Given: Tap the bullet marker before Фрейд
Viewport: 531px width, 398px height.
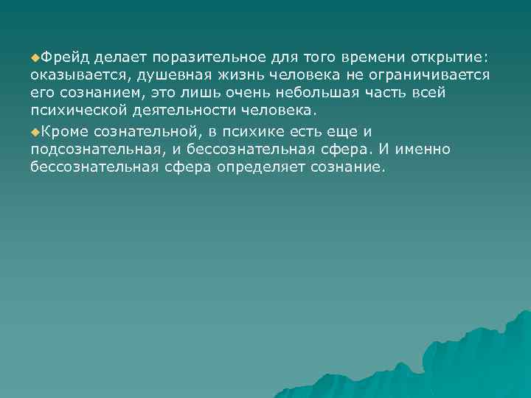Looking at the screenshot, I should click(35, 57).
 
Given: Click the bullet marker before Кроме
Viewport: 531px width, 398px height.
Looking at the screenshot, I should click(35, 130).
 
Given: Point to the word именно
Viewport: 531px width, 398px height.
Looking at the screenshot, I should click(433, 149).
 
